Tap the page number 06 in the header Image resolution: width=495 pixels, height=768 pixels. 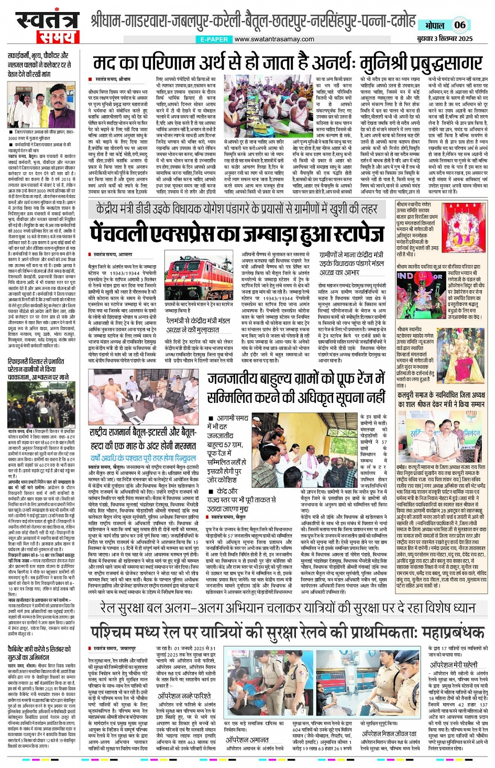(x=459, y=25)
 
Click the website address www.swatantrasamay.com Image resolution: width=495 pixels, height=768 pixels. (x=274, y=39)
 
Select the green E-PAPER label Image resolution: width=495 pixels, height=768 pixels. (x=214, y=39)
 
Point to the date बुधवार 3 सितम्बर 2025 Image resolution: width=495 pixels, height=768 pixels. (x=445, y=39)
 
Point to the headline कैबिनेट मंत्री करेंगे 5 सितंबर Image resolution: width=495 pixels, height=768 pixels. (x=40, y=653)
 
